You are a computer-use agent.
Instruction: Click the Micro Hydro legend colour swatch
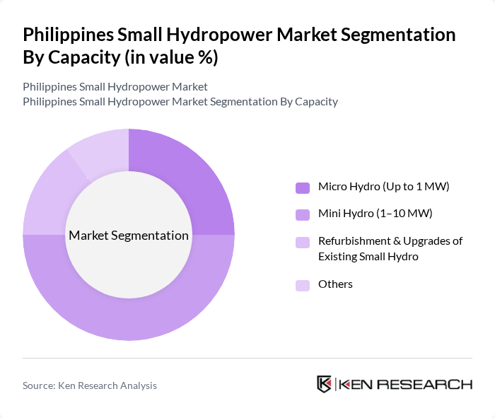click(x=303, y=187)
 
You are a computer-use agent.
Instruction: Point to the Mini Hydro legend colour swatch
click(x=303, y=214)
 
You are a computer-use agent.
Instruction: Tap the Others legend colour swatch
click(x=303, y=285)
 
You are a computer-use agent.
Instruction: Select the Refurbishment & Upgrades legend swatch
click(x=303, y=242)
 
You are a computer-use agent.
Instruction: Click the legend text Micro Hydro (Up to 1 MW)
click(x=384, y=187)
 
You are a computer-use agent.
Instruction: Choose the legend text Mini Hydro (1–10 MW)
click(x=375, y=213)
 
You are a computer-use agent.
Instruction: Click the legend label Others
click(x=335, y=284)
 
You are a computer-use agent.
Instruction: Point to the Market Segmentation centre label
click(x=129, y=236)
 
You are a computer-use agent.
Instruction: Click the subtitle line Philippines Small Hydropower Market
click(x=115, y=87)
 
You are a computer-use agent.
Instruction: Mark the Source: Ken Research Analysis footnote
click(x=90, y=385)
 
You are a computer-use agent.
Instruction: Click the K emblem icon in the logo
click(x=325, y=384)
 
